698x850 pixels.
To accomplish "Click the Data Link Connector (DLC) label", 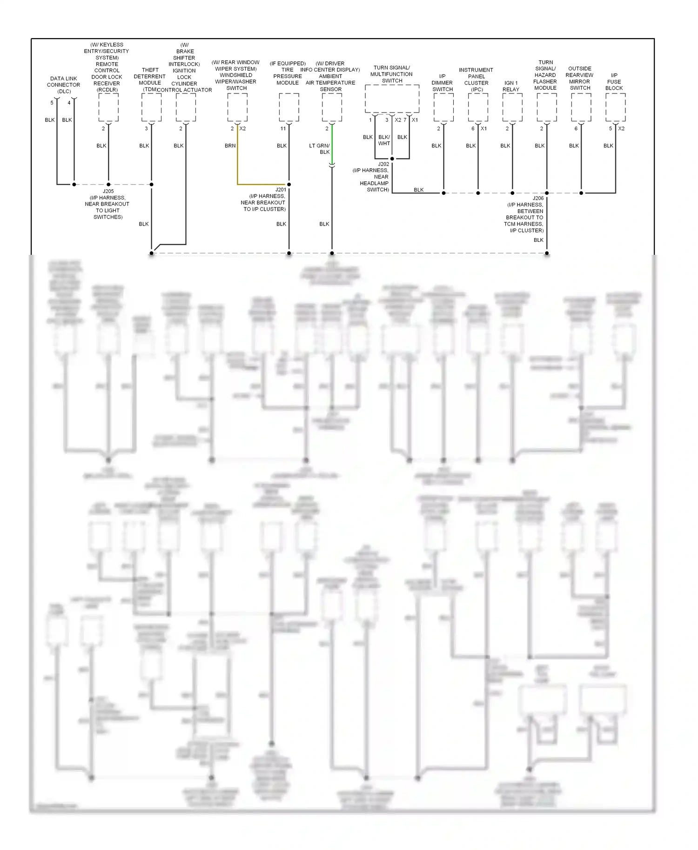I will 64,85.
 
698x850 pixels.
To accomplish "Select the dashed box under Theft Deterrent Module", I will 151,107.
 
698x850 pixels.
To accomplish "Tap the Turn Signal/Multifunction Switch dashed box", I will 392,99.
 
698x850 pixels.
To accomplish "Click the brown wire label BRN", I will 230,146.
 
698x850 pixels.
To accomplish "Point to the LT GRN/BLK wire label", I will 320,149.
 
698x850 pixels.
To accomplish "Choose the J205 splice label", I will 108,191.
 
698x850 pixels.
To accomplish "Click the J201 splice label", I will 281,190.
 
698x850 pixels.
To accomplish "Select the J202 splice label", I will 383,164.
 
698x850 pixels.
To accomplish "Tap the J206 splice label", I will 538,198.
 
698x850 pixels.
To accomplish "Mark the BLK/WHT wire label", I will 384,140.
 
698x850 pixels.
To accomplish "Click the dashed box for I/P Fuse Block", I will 615,107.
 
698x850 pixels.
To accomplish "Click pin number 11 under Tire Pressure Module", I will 283,128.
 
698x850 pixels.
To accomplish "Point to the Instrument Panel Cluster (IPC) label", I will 476,80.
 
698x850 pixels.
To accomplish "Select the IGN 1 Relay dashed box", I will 512,107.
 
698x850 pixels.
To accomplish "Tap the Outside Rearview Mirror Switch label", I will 580,78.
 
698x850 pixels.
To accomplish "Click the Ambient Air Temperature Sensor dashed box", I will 332,107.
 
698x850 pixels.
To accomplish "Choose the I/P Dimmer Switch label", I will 442,83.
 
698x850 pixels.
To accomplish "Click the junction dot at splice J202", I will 392,159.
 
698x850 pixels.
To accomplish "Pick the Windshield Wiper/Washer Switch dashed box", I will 237,107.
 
